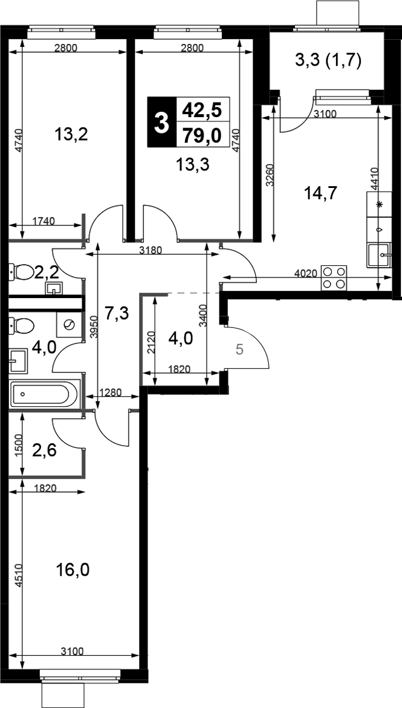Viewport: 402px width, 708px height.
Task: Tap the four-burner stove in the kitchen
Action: pyautogui.click(x=334, y=278)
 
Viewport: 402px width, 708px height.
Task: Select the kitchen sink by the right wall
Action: pyautogui.click(x=379, y=255)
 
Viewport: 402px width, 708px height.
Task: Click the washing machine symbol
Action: pyautogui.click(x=69, y=324)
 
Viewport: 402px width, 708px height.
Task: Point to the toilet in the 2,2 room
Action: pyautogui.click(x=22, y=272)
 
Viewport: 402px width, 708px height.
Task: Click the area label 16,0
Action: pyautogui.click(x=73, y=570)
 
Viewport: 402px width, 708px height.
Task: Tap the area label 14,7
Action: pyautogui.click(x=321, y=193)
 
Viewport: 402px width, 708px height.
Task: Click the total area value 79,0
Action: pyautogui.click(x=202, y=136)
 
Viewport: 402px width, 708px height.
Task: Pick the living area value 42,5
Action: pyautogui.click(x=202, y=110)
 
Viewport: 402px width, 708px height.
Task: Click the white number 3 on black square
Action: pyautogui.click(x=162, y=122)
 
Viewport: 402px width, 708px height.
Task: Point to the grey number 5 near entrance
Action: pyautogui.click(x=239, y=350)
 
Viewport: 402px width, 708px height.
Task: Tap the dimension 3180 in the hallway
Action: pyautogui.click(x=150, y=250)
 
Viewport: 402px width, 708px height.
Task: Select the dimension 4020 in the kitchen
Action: pyautogui.click(x=305, y=273)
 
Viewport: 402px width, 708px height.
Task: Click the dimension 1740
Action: pyautogui.click(x=44, y=221)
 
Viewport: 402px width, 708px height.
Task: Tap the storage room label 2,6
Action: pyautogui.click(x=44, y=450)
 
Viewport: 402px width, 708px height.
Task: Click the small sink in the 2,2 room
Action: pyautogui.click(x=54, y=288)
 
